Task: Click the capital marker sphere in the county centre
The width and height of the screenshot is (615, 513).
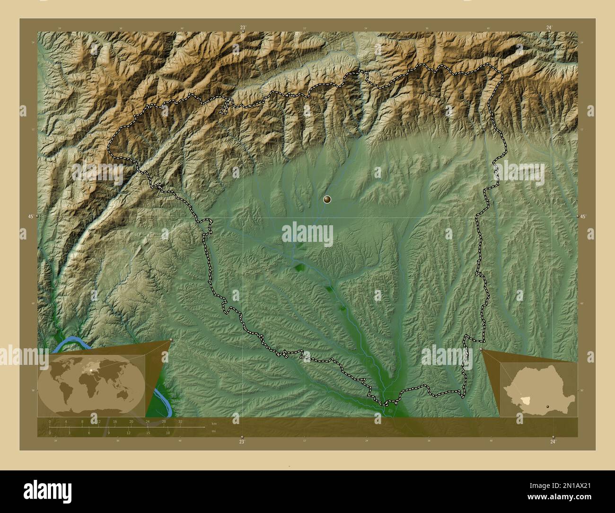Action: click(x=326, y=200)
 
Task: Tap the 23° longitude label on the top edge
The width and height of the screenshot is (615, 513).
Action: click(x=243, y=28)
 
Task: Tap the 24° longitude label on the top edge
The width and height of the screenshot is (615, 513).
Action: click(x=549, y=28)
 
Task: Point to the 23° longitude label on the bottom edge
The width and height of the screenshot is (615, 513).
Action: click(x=242, y=441)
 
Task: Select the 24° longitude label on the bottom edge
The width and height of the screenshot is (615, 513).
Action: click(x=553, y=441)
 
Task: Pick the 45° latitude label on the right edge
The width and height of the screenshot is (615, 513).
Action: click(x=583, y=216)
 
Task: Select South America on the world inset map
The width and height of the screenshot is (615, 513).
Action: click(x=65, y=392)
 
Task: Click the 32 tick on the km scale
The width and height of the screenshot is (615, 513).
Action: click(x=180, y=421)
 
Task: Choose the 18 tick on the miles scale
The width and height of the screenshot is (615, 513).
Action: click(x=167, y=433)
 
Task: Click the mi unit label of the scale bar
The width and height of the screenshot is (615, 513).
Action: click(x=214, y=431)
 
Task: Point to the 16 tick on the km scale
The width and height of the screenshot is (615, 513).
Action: click(x=115, y=421)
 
